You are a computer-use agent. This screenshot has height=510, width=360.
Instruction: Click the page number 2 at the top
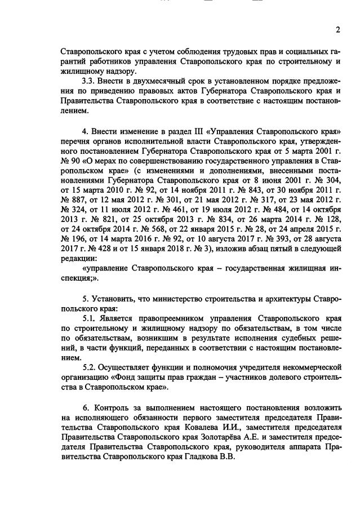pyautogui.click(x=337, y=30)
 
